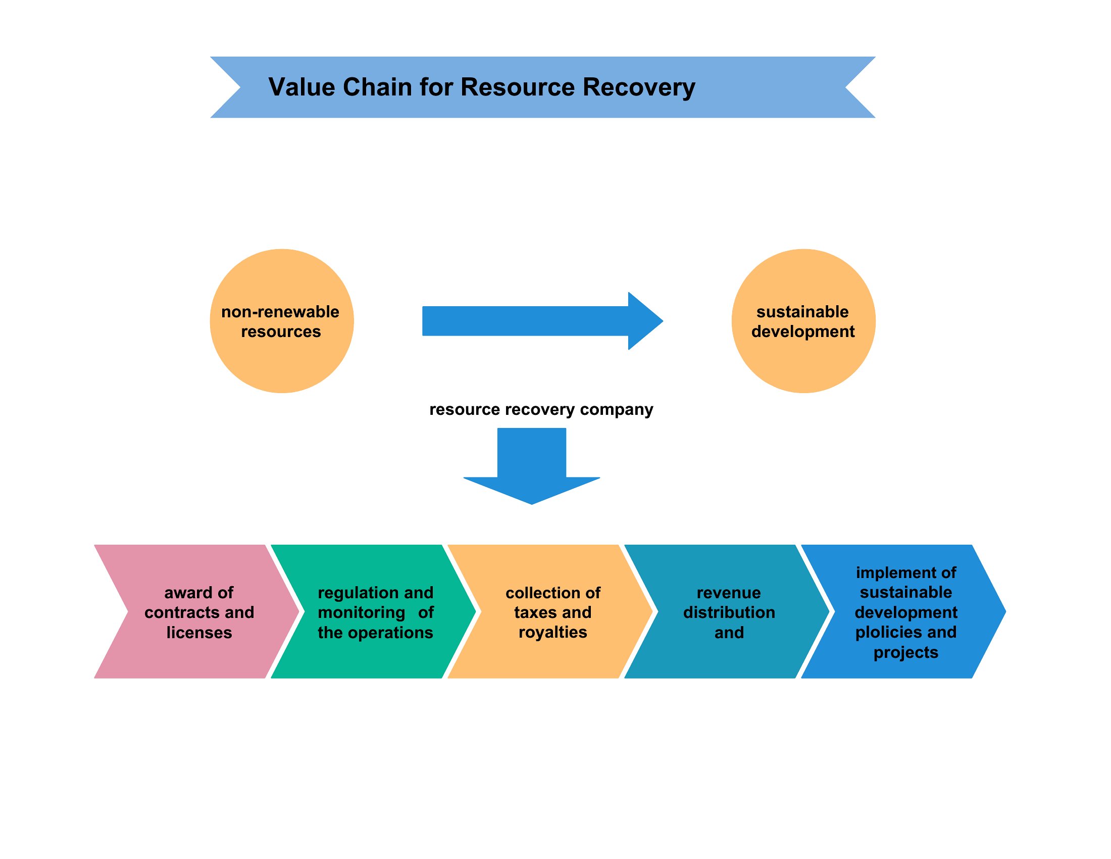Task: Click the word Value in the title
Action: [301, 87]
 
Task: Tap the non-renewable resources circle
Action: [282, 321]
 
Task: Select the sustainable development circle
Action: [803, 321]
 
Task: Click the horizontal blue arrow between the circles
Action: [542, 321]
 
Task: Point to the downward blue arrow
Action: [532, 466]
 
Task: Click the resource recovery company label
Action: [541, 410]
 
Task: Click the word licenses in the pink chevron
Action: [199, 633]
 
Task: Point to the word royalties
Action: [552, 633]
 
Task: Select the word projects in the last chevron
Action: [905, 653]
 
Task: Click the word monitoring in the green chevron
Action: [361, 613]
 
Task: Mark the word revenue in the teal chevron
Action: [728, 593]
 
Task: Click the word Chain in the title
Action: [377, 87]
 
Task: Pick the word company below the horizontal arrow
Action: [617, 410]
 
